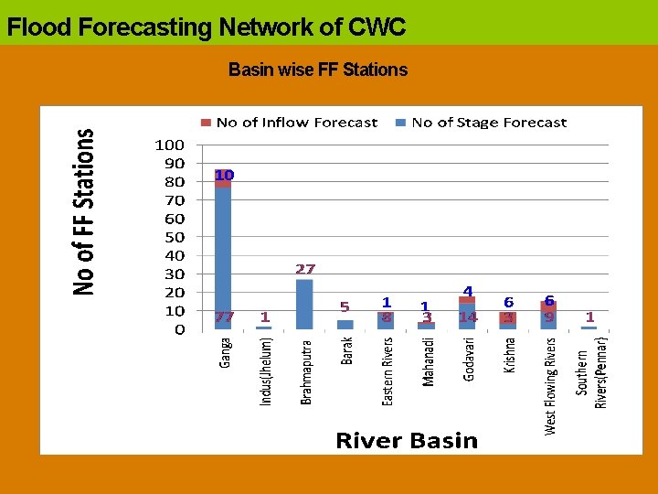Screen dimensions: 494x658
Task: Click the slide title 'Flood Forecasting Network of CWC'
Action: tap(207, 27)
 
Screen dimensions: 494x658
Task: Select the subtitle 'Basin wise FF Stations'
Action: tap(318, 70)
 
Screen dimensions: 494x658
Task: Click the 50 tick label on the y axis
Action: tap(175, 237)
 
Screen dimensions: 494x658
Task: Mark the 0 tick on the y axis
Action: tap(180, 329)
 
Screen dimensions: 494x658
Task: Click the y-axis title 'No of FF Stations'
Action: tap(84, 211)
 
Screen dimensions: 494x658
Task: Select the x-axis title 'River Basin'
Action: tap(407, 441)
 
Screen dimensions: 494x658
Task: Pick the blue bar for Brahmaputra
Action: tap(304, 304)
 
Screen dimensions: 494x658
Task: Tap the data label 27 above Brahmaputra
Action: tap(305, 269)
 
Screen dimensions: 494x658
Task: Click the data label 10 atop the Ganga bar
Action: tap(224, 175)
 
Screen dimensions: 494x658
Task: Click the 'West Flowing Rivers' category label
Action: tap(550, 385)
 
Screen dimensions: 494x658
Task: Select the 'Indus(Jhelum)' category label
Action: tap(266, 370)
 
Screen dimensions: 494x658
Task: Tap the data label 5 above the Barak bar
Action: tap(345, 306)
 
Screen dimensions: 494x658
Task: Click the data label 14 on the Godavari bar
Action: tap(468, 317)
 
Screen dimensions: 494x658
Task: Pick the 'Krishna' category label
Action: tap(509, 356)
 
